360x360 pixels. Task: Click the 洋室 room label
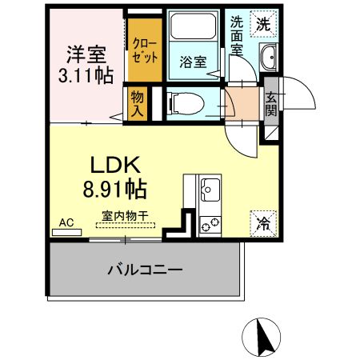point(87,55)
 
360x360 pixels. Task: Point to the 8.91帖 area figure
point(115,190)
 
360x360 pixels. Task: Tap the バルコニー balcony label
point(145,270)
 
